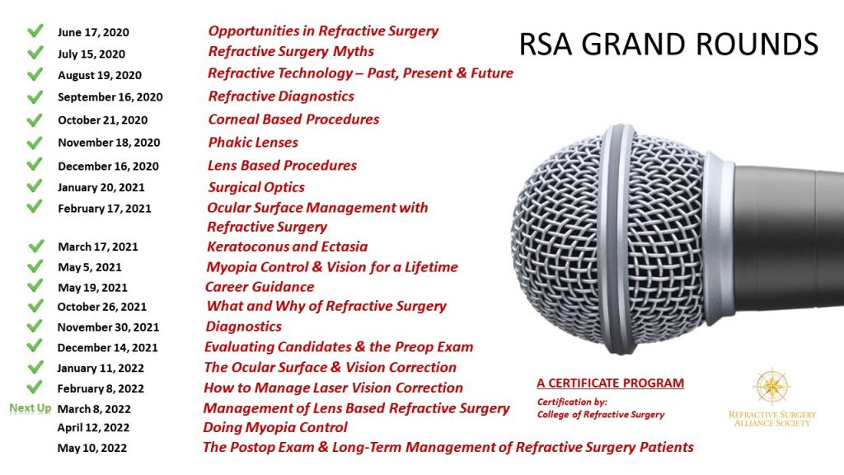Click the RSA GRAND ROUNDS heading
coord(668,45)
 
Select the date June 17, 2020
coord(93,33)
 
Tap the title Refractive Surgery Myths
coord(291,51)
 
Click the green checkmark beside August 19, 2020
coord(35,74)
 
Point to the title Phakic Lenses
coord(253,142)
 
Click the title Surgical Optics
coord(256,187)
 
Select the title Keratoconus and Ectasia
coord(287,247)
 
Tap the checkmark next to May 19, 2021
coord(35,286)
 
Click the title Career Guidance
coord(260,287)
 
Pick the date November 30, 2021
coord(108,327)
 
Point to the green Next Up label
coord(30,408)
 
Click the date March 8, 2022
coord(94,409)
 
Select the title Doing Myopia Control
coord(275,427)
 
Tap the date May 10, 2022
coord(93,448)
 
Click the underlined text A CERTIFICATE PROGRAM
coord(610,383)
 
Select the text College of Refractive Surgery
coord(600,415)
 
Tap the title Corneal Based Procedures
coord(293,120)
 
